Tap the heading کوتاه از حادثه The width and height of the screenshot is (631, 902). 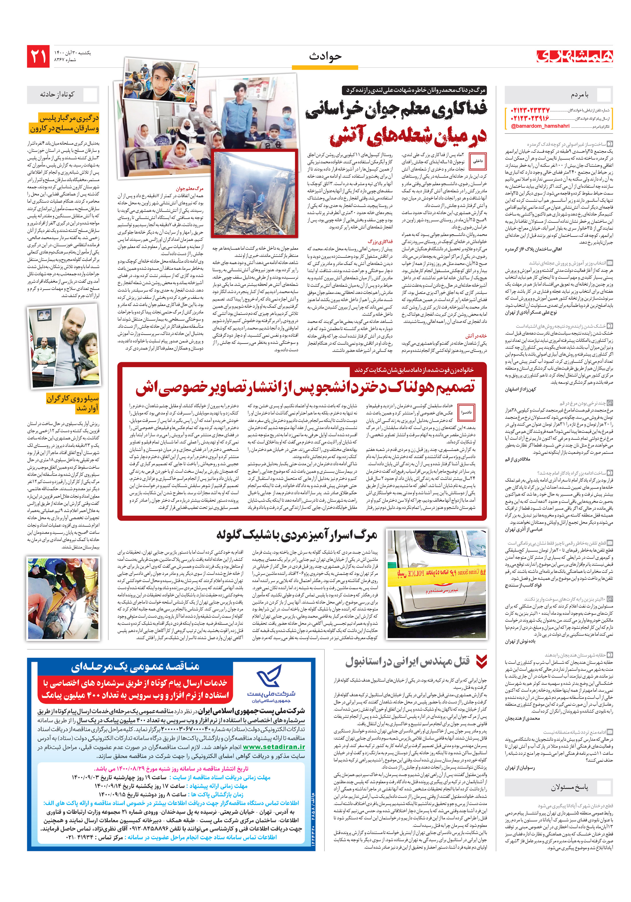tap(57, 95)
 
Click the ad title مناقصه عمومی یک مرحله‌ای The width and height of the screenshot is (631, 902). tap(135, 666)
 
